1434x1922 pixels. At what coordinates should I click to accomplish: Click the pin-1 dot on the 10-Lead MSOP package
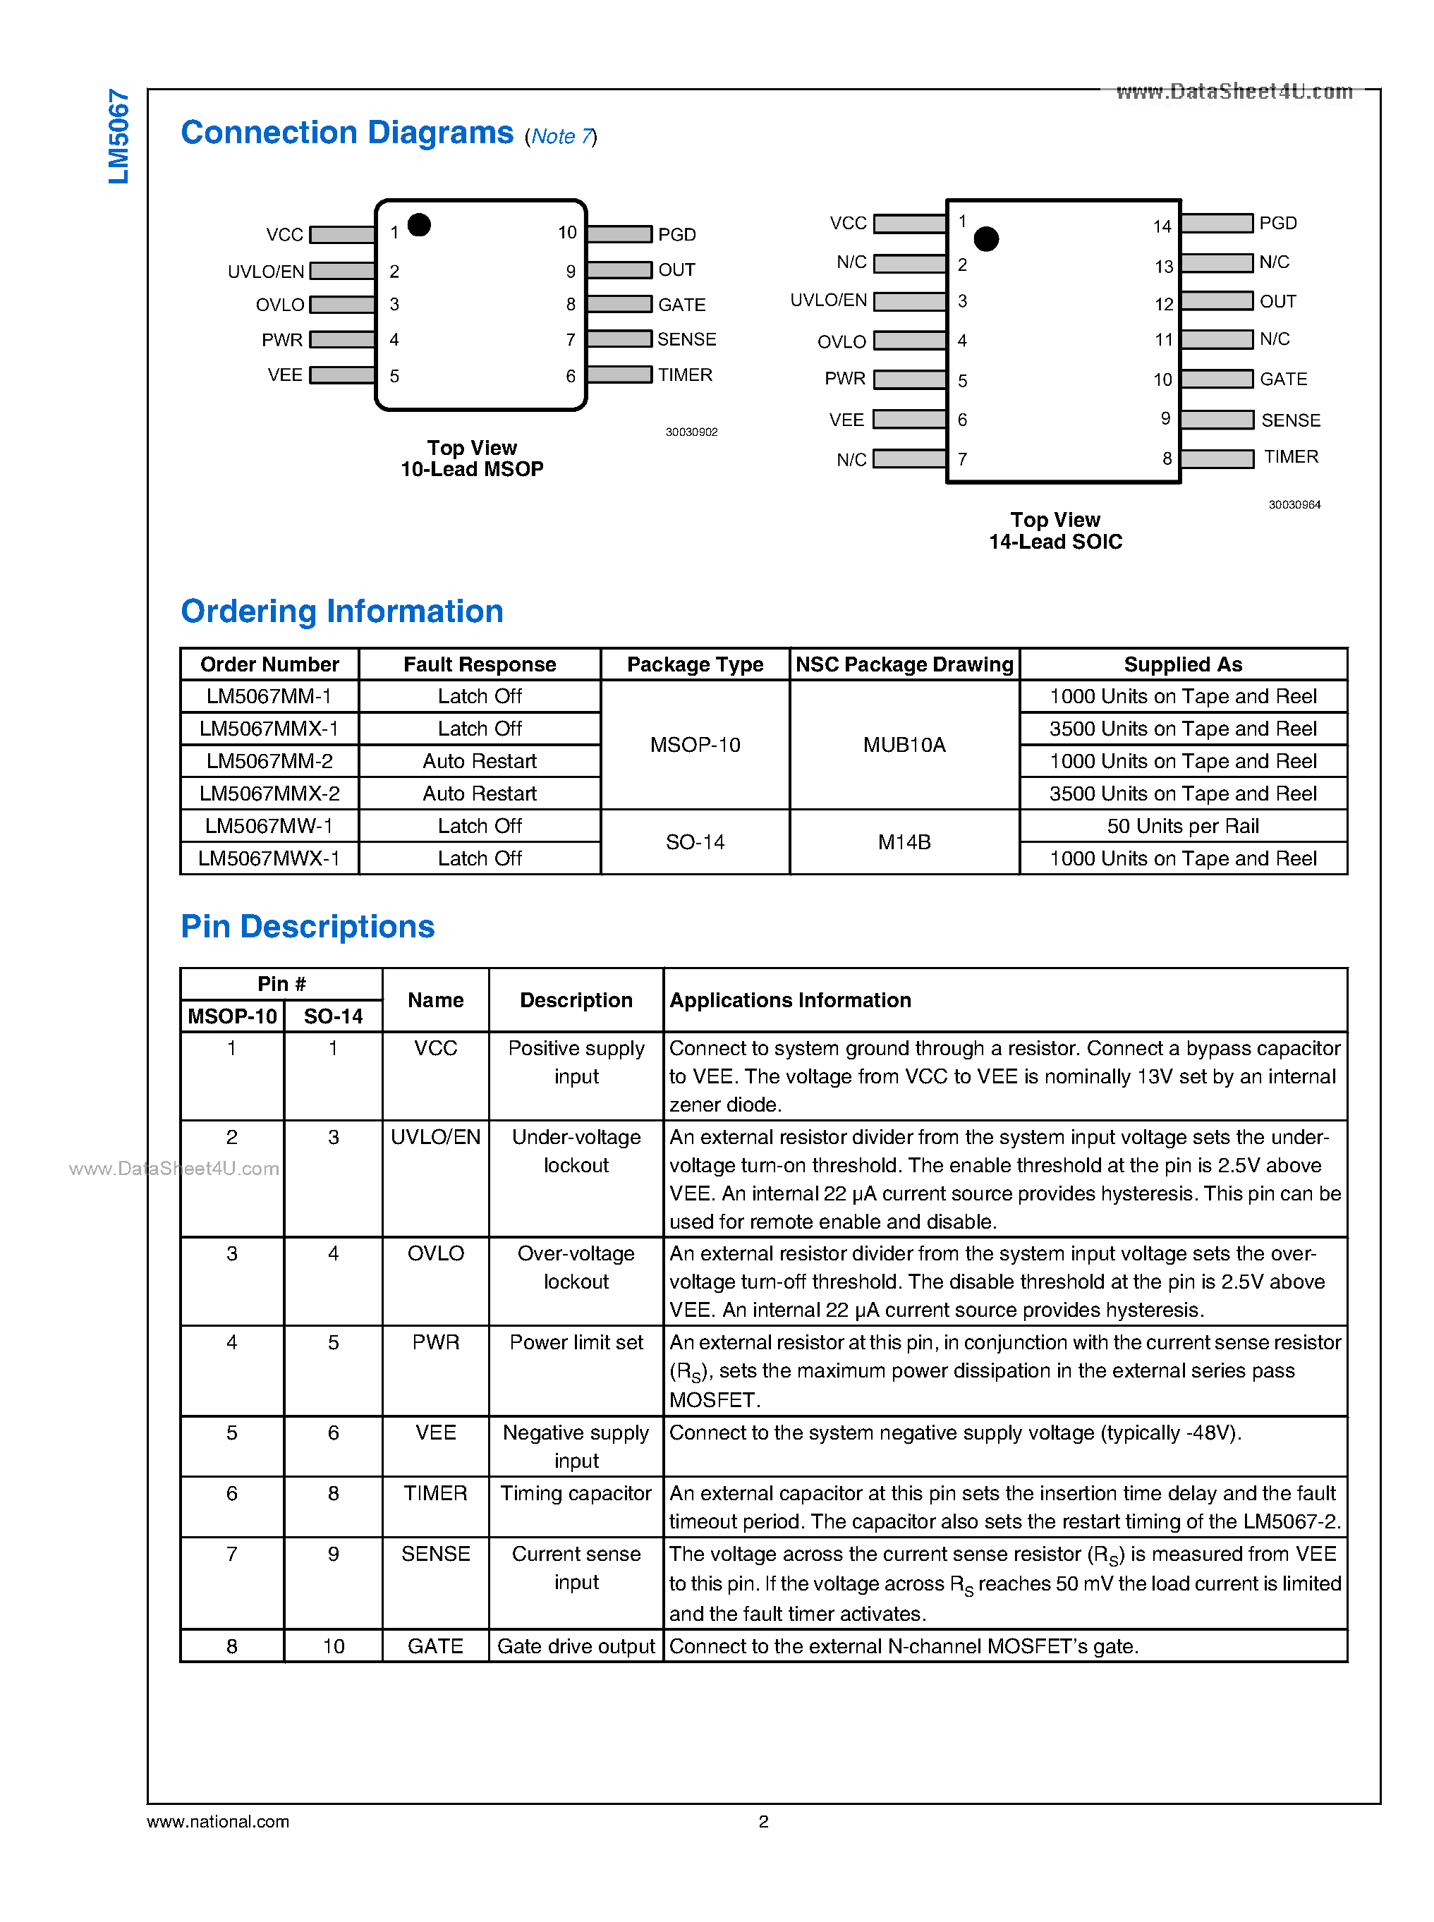(x=419, y=225)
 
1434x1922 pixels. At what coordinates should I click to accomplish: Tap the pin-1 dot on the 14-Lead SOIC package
(x=986, y=238)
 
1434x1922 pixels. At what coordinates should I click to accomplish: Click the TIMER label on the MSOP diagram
(x=685, y=375)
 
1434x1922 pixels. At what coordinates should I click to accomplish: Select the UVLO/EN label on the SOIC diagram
(x=828, y=300)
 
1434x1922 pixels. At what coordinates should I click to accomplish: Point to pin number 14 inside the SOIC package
(x=1162, y=226)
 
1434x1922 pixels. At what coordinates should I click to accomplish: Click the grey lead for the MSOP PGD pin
(x=619, y=233)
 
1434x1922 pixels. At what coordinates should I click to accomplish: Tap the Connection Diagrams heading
(x=347, y=133)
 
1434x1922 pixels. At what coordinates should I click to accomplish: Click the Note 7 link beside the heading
(x=561, y=136)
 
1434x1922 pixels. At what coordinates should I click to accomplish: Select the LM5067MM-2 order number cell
(x=269, y=761)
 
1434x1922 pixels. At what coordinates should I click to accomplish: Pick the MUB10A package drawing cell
(x=904, y=745)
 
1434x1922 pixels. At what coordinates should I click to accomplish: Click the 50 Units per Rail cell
(x=1182, y=827)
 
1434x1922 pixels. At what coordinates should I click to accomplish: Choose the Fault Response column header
(x=479, y=664)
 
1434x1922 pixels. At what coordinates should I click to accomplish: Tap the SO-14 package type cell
(x=695, y=842)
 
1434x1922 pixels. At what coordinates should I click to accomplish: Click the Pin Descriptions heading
(x=308, y=926)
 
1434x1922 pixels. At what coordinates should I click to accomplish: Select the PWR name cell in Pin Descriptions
(x=436, y=1342)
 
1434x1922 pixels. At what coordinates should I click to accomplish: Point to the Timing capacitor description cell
(x=576, y=1493)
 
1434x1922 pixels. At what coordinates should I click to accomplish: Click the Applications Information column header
(x=790, y=1000)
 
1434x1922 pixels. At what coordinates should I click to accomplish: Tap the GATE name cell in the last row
(x=436, y=1646)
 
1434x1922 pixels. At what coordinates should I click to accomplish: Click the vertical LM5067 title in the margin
(x=119, y=136)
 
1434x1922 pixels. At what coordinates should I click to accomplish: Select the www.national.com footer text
(x=218, y=1821)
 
